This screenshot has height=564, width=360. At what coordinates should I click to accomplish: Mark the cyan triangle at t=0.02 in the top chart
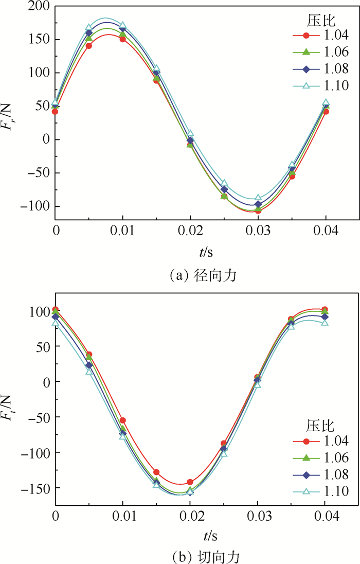click(190, 134)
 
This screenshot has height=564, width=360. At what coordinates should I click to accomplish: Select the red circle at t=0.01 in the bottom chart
click(122, 420)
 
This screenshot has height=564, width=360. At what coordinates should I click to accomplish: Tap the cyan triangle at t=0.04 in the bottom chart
click(325, 322)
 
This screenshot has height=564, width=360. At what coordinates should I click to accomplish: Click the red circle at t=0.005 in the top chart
click(88, 46)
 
